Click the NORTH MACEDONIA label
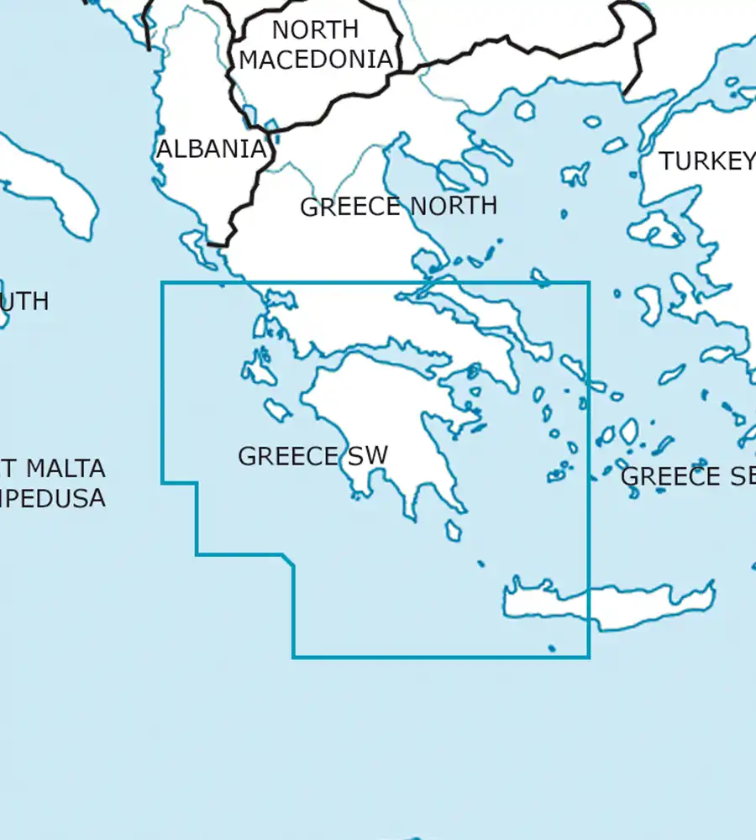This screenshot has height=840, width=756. [x=316, y=45]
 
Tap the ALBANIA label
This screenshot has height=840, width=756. [x=212, y=150]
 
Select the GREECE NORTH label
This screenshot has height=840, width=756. [x=398, y=207]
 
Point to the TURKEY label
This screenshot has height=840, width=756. [x=706, y=161]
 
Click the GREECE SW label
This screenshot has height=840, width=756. [x=312, y=456]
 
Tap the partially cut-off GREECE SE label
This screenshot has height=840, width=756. [x=687, y=476]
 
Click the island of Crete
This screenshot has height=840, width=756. [x=605, y=601]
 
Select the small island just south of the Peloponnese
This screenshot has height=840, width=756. [x=454, y=531]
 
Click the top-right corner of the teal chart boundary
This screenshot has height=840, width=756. [x=589, y=283]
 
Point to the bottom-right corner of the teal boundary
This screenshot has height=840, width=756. [x=589, y=657]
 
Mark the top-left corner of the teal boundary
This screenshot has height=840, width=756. [x=162, y=283]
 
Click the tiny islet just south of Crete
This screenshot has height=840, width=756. [x=551, y=648]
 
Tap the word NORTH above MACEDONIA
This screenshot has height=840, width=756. [x=315, y=29]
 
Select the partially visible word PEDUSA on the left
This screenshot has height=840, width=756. [x=55, y=498]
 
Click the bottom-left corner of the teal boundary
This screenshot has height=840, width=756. [x=293, y=657]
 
